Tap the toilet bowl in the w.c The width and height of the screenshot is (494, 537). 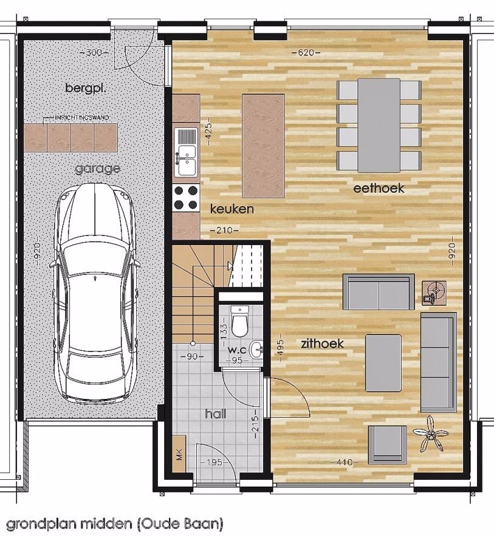coord(239,322)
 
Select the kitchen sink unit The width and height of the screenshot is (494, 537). coord(186,153)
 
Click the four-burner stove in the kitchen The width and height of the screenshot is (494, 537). coord(186,198)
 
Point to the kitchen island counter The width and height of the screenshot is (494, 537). coord(263,145)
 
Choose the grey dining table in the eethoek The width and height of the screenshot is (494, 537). coord(379,125)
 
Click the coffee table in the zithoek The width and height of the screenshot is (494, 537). coord(383,363)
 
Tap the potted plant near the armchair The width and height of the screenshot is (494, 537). coord(430,434)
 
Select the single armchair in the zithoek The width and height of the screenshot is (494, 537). coord(387,445)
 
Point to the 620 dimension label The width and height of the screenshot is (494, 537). coord(306,53)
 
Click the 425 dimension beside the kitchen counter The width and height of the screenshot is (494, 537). coord(208,131)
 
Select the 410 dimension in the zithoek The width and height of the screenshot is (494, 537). coord(344,462)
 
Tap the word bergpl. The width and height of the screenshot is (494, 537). coord(86,88)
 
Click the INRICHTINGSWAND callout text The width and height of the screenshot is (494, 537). coord(82,117)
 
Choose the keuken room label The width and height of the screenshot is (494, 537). coord(232,209)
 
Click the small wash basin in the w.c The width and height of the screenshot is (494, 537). coord(256,350)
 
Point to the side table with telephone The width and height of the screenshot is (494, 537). coord(434,293)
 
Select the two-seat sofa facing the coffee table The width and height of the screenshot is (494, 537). coord(379,292)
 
